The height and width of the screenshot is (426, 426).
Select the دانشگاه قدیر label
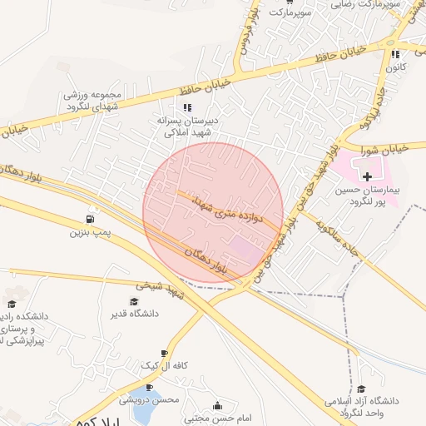[x=133, y=314]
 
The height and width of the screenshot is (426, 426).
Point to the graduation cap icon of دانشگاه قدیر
[x=133, y=301]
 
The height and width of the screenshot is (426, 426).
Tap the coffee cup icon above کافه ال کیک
[x=164, y=353]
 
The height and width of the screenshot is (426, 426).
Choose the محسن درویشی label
[x=155, y=400]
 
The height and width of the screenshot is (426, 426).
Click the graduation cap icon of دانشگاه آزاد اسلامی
[x=361, y=389]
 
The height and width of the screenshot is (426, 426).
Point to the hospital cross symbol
[x=368, y=176]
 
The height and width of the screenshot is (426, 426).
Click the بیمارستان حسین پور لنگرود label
[x=369, y=196]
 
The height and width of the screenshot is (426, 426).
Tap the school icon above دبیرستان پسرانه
[x=187, y=107]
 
